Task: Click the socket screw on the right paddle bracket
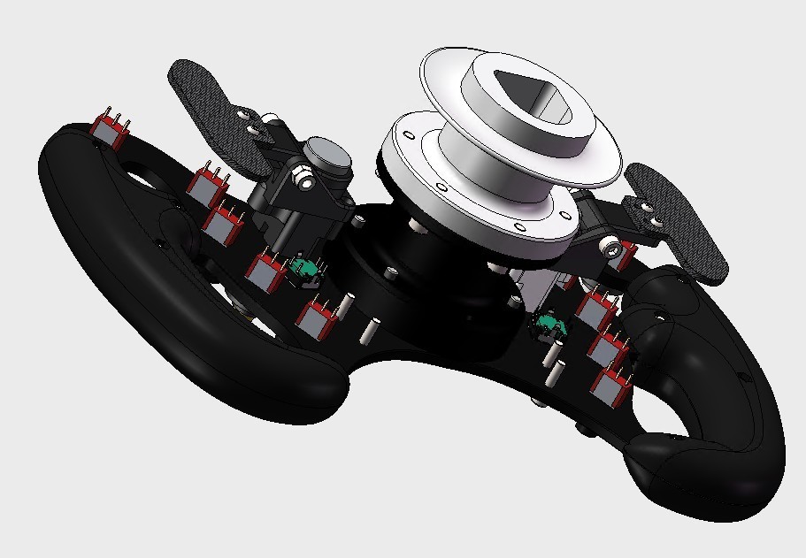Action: [612, 248]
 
